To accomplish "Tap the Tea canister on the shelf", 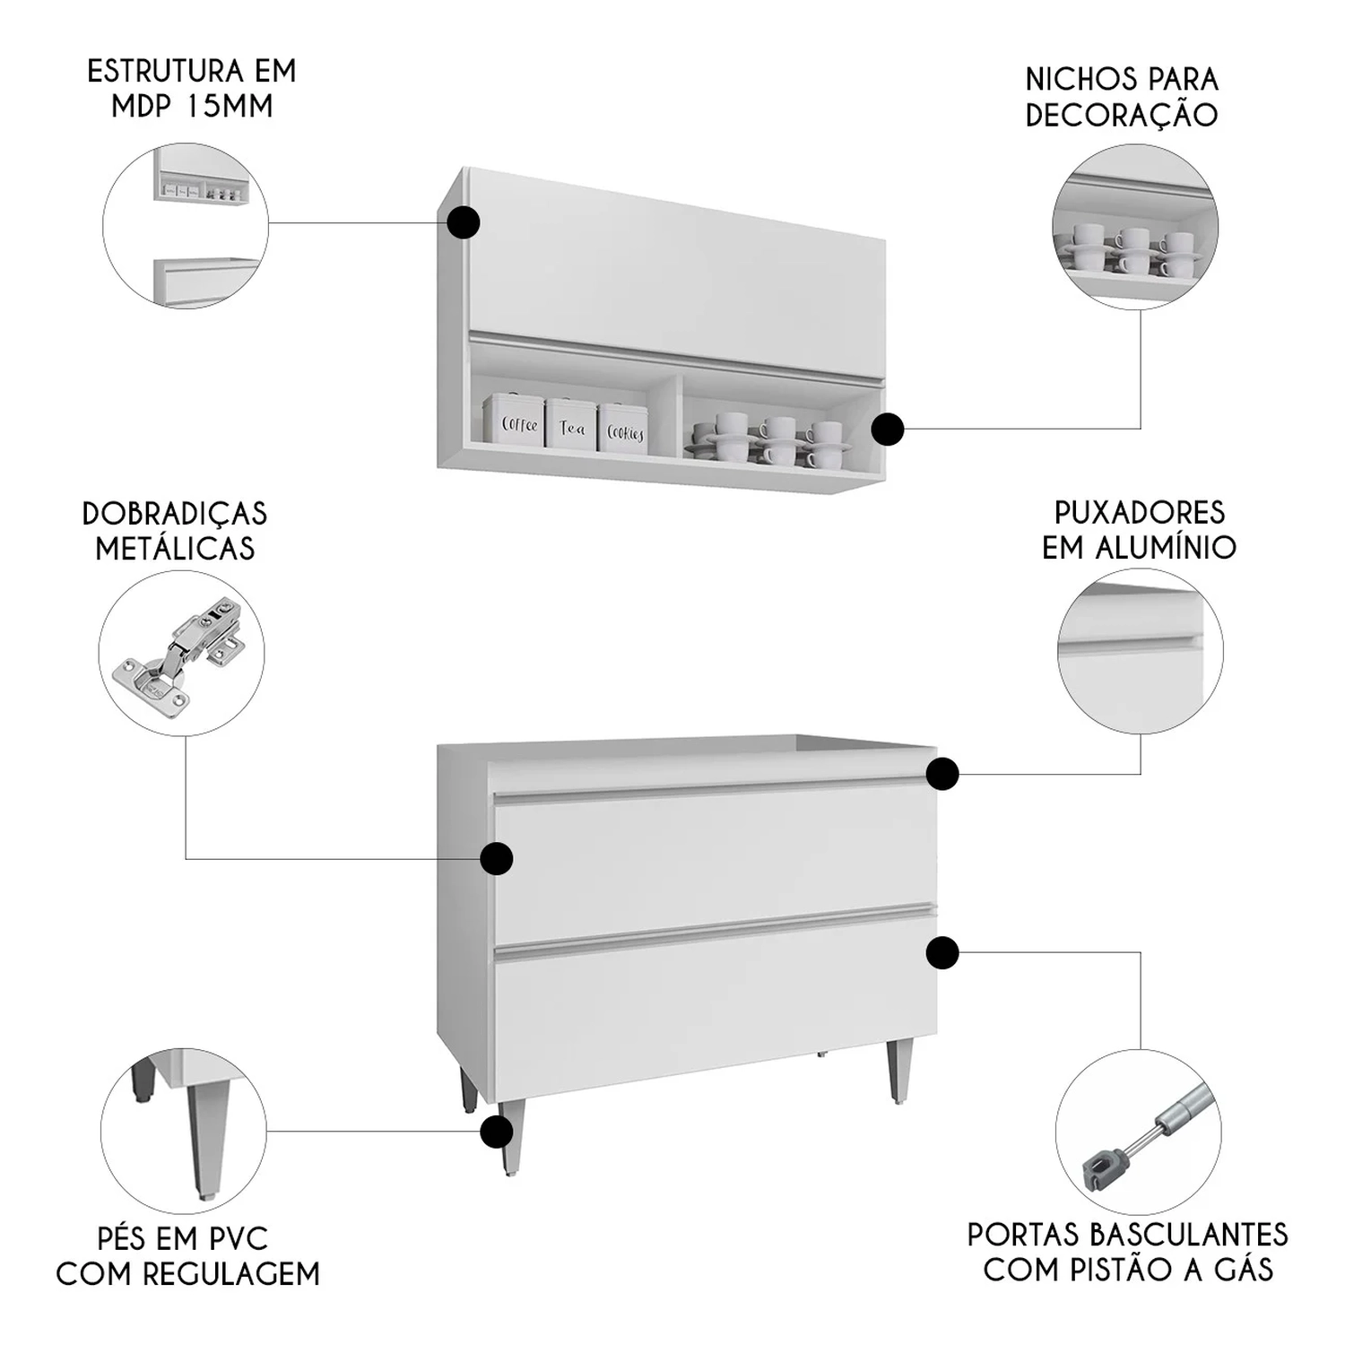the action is pos(571,423).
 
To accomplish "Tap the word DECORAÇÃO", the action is pos(1122,115).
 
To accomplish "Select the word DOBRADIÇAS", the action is pos(175,514).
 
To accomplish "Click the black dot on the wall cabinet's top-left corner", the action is pos(463,222).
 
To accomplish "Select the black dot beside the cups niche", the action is pos(888,429).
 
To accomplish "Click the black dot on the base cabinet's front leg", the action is pos(497,1132).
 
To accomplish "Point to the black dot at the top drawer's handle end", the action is pos(942,773).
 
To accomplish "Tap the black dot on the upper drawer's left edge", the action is pos(496,858).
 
